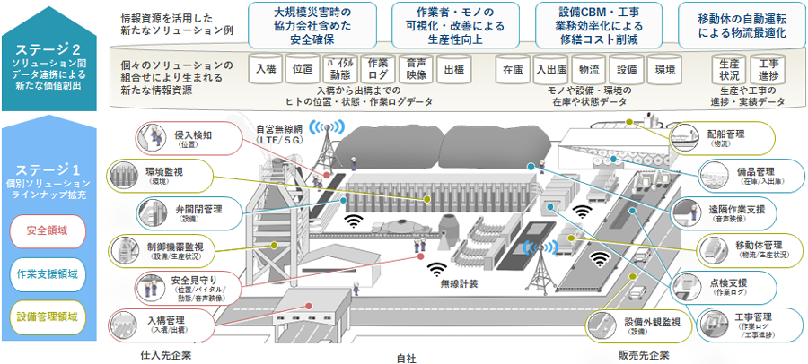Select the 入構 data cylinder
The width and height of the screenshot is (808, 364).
[x=266, y=70]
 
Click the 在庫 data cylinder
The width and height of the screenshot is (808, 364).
[x=513, y=70]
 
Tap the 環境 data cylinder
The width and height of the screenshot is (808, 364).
[x=665, y=70]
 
